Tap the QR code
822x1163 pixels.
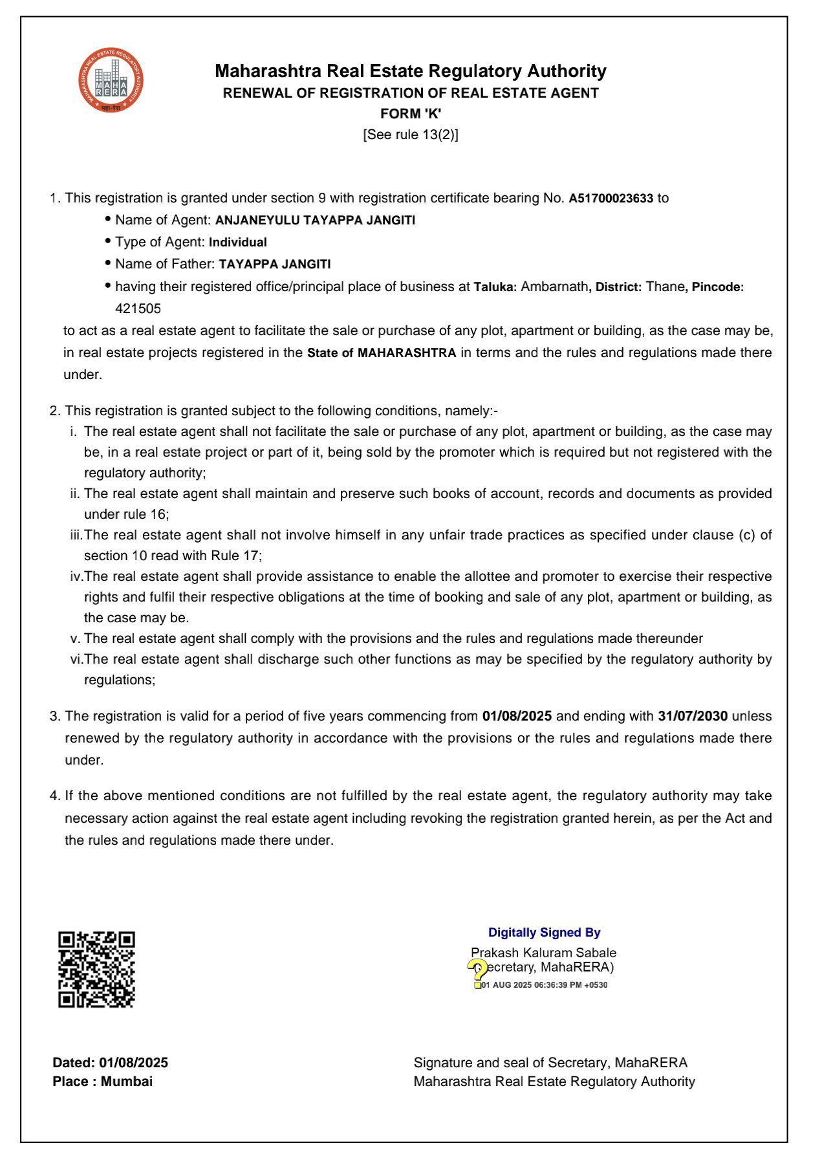click(96, 969)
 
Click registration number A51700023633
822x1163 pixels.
click(611, 199)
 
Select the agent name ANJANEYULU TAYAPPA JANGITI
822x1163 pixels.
click(315, 221)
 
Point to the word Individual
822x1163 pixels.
click(237, 243)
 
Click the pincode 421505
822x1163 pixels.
click(138, 309)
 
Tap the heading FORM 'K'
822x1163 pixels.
click(411, 114)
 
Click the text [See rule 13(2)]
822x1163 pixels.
click(411, 135)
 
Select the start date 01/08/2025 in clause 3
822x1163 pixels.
click(517, 716)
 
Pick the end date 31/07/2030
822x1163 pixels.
click(693, 716)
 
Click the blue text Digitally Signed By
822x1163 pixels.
click(544, 932)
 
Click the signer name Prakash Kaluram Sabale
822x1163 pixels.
click(543, 952)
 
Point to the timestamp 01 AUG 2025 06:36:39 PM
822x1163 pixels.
click(544, 985)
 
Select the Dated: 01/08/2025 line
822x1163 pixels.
click(111, 1062)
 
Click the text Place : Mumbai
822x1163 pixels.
click(103, 1081)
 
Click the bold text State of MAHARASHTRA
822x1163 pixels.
click(382, 353)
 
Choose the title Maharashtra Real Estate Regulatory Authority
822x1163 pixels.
click(411, 71)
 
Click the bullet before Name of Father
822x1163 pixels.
click(108, 263)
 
